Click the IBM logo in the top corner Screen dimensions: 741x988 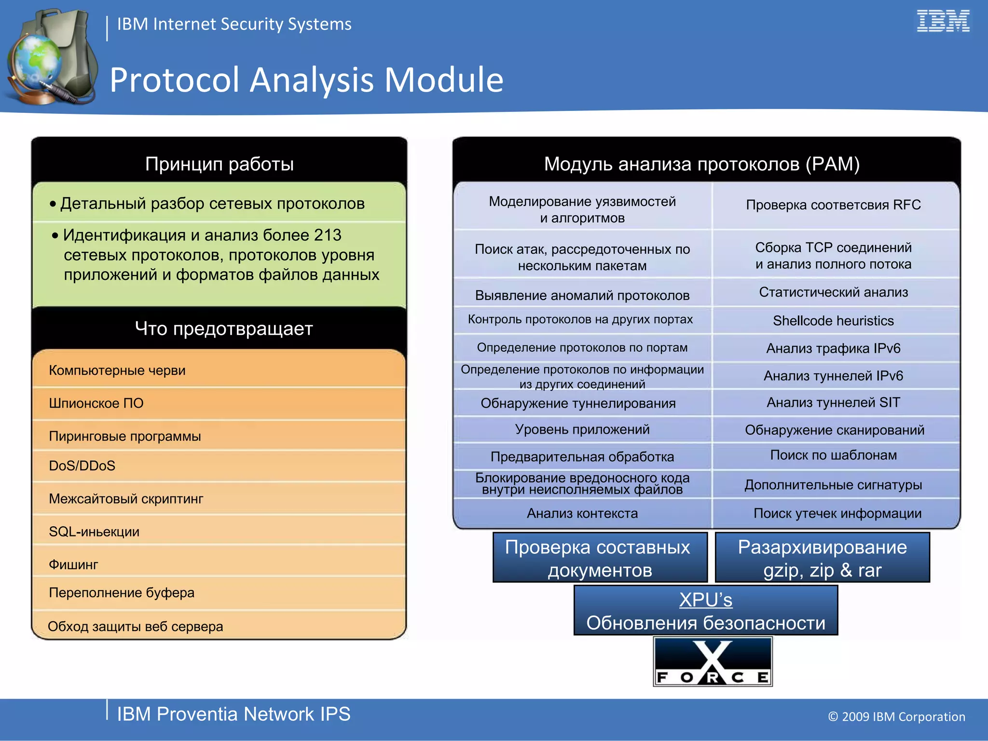[943, 21]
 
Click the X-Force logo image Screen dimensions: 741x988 [713, 661]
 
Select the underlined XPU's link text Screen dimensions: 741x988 [705, 600]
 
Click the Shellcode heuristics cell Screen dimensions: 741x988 [833, 321]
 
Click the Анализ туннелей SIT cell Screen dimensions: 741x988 [833, 402]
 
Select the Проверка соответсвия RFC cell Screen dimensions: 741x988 [833, 205]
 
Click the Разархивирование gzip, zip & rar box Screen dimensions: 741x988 [822, 558]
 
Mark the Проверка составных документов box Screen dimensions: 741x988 [600, 558]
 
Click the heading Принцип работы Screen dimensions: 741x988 [220, 164]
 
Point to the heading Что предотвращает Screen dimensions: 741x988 [224, 329]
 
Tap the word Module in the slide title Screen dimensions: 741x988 [443, 80]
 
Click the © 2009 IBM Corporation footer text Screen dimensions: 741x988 [896, 716]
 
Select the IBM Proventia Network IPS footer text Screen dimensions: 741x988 [233, 714]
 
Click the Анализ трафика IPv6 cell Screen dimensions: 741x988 [833, 348]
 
